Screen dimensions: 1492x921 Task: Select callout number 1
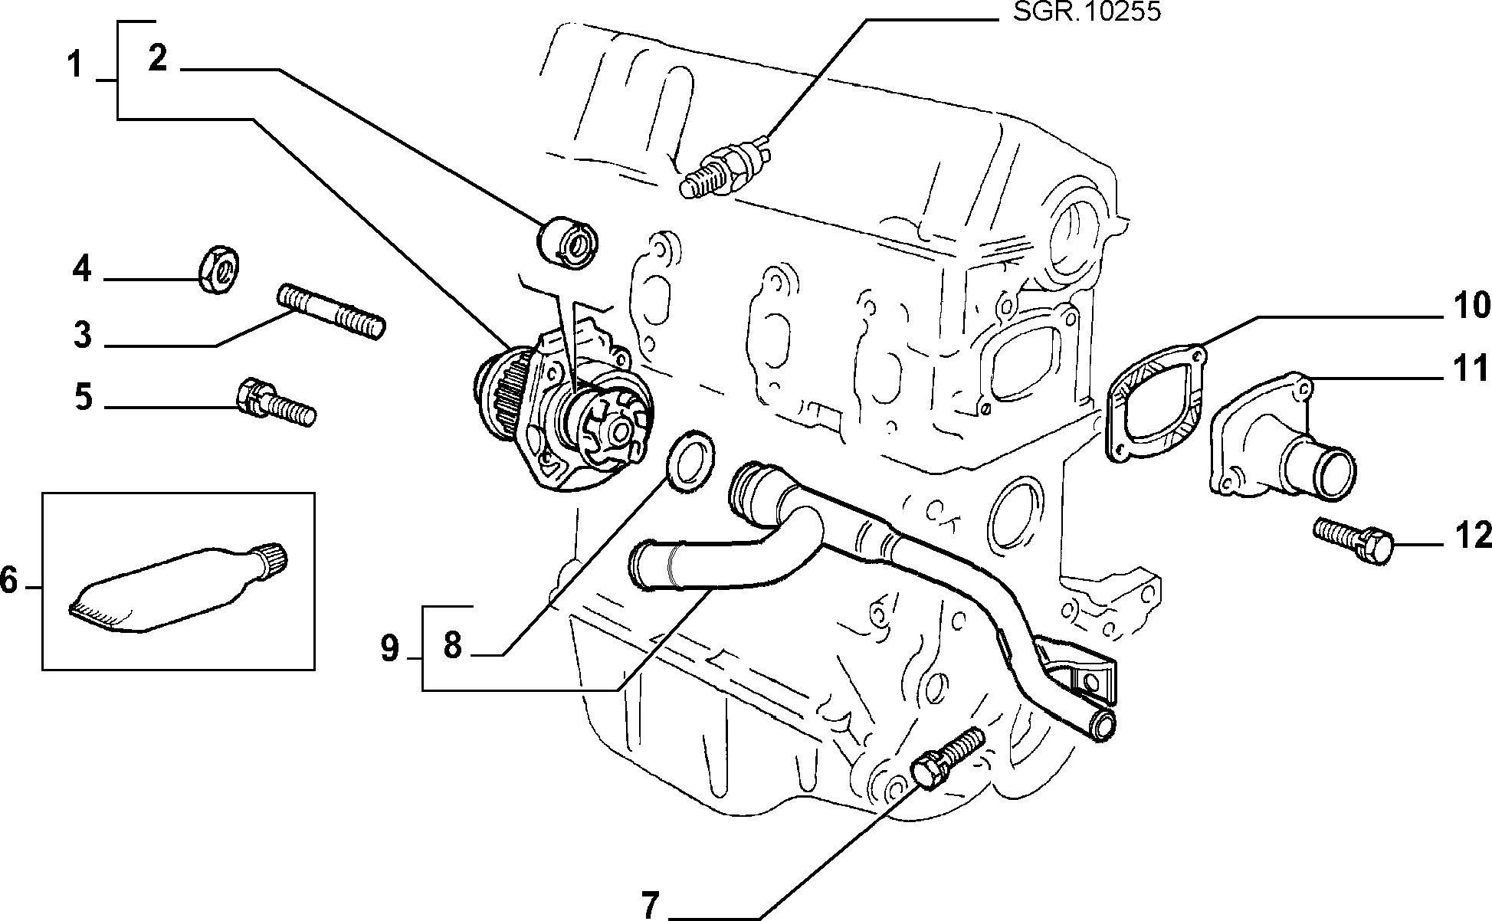tap(74, 66)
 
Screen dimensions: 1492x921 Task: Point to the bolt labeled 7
tap(947, 760)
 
